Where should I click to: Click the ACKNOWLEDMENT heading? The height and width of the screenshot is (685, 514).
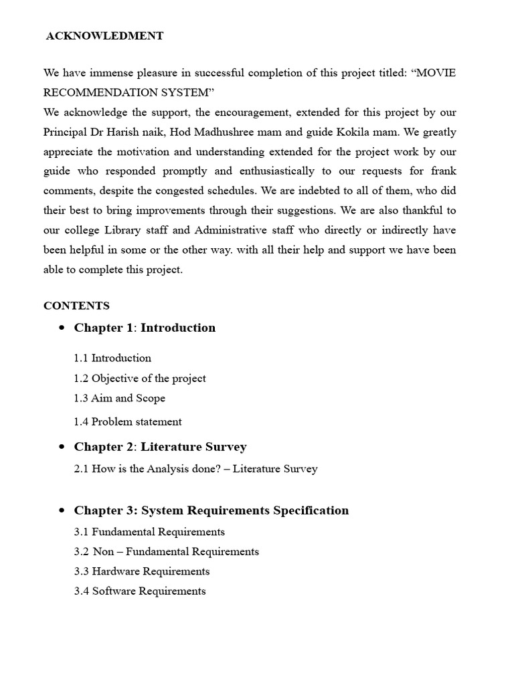[x=104, y=36]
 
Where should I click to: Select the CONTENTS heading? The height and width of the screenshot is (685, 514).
[x=76, y=306]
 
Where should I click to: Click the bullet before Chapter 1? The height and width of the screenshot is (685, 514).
[x=62, y=328]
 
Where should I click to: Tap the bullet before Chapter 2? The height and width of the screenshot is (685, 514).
[x=62, y=448]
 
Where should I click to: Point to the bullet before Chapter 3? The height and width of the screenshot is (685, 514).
[x=62, y=511]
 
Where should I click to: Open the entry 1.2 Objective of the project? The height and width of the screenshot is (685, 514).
[x=140, y=379]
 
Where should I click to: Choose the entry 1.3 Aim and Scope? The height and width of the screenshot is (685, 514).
[x=120, y=398]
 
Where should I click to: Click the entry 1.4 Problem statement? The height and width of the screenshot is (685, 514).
[x=128, y=421]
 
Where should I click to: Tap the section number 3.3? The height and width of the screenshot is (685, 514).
[x=82, y=571]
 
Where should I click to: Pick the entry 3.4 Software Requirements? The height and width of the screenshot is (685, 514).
[x=140, y=591]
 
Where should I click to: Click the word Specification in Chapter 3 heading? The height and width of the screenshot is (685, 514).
[x=311, y=510]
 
